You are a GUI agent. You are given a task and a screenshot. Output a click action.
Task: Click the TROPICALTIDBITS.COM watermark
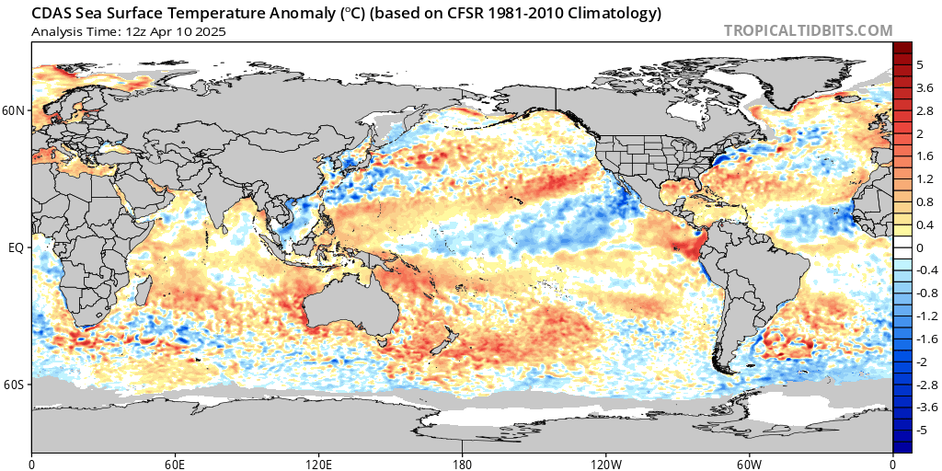coord(808,30)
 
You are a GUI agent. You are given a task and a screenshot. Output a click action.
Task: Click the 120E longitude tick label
coord(317,465)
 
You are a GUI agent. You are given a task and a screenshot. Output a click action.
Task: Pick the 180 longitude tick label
coord(462,465)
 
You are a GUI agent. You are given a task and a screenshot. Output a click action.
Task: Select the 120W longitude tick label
coord(605,465)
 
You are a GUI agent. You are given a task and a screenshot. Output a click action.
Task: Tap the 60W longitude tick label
coord(749,465)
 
